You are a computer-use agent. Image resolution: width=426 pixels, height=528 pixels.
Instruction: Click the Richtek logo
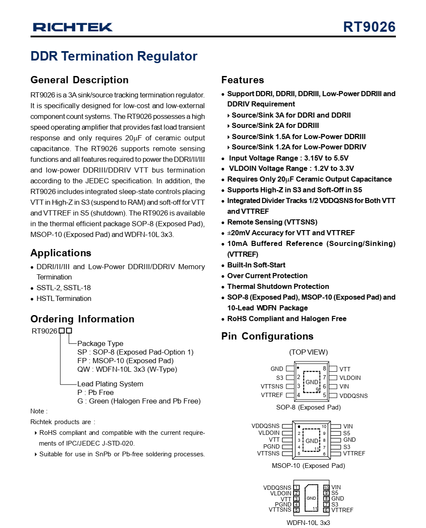pos(73,27)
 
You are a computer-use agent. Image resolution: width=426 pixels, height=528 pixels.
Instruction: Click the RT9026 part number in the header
pos(369,27)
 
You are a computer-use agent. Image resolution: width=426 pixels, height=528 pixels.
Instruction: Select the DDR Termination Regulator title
pos(114,56)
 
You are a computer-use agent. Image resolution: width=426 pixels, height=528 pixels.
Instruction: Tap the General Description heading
pos(80,80)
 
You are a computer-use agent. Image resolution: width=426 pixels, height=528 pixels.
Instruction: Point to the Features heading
pos(242,80)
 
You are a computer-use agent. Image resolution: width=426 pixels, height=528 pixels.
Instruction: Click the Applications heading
pos(61,253)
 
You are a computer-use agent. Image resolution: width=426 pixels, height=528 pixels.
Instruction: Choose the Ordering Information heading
pos(82,319)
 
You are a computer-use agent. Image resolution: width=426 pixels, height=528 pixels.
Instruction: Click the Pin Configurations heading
pos(267,336)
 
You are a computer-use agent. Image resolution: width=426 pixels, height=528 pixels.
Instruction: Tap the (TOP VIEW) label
pos(308,352)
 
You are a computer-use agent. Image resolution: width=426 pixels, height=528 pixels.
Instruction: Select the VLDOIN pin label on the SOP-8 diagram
pos(350,378)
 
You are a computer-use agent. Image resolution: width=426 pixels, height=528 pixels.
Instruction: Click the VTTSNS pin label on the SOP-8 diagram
pos(272,386)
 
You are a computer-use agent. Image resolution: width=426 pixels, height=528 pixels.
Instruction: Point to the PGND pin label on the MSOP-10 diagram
pos(271,446)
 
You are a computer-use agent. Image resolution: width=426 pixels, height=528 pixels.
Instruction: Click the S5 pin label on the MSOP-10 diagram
pos(346,433)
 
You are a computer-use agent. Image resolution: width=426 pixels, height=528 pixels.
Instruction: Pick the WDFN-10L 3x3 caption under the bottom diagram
pos(308,522)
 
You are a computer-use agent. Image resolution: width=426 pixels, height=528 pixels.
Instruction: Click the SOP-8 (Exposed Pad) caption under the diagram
pos(308,407)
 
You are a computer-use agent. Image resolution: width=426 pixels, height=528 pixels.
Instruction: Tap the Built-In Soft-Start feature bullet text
pos(256,265)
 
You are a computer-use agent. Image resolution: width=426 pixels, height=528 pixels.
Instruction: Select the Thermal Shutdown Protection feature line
pos(278,286)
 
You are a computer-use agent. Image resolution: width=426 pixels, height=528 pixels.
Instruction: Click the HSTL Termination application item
pos(64,298)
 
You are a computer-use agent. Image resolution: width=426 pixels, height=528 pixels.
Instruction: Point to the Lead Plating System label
pos(110,384)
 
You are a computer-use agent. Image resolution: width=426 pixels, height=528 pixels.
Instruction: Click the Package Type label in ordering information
pos(100,343)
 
